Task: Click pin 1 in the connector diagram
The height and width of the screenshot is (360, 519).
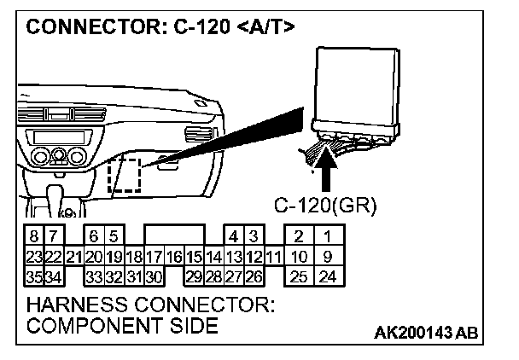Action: pyautogui.click(x=327, y=236)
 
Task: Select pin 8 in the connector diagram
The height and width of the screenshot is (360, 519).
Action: pyautogui.click(x=32, y=236)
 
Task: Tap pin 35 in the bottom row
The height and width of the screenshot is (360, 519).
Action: pyautogui.click(x=32, y=276)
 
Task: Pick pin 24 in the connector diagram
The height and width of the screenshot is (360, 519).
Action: pyautogui.click(x=327, y=276)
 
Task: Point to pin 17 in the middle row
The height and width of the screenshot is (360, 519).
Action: pyautogui.click(x=154, y=256)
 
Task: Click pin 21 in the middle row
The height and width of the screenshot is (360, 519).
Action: pyautogui.click(x=73, y=256)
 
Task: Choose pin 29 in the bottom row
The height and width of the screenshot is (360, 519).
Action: pyautogui.click(x=194, y=276)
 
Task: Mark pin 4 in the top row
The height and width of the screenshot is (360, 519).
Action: pyautogui.click(x=233, y=236)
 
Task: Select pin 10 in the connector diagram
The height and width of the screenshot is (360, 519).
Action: pyautogui.click(x=298, y=256)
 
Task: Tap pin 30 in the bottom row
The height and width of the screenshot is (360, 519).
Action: pyautogui.click(x=154, y=276)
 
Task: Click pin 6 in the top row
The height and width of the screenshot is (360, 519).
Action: pyautogui.click(x=93, y=236)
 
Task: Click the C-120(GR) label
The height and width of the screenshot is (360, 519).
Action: pyautogui.click(x=325, y=206)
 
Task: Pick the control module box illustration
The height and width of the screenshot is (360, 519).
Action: pyautogui.click(x=358, y=85)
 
